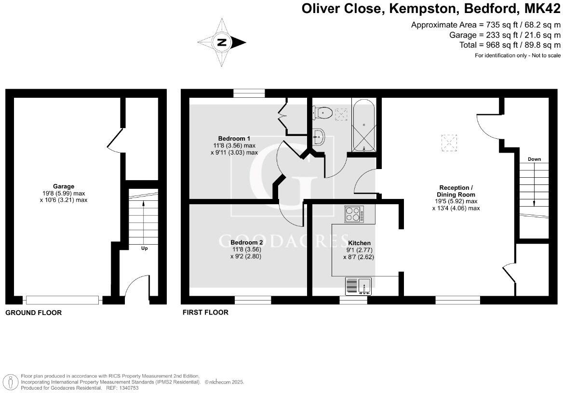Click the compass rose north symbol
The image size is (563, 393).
222,42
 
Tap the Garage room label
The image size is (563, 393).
64,186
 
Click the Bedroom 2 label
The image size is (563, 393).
246,242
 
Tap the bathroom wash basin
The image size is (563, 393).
319,137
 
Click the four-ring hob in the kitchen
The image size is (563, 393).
354,214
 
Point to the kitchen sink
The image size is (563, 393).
358,286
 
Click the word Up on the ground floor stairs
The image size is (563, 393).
144,249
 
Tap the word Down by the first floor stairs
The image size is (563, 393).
534,159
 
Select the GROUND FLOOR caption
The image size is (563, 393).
33,313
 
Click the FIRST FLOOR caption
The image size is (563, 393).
205,313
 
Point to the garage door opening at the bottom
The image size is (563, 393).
63,300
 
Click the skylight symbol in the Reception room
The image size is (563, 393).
449,142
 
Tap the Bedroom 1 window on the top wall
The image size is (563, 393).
249,93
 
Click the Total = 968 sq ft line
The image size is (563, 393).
510,45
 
